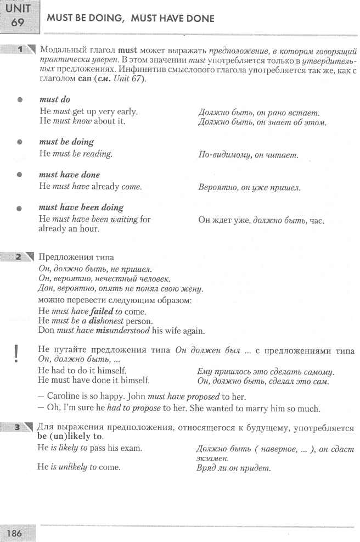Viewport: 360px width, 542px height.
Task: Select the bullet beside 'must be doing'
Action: click(20, 142)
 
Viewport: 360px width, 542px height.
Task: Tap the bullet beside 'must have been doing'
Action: click(20, 208)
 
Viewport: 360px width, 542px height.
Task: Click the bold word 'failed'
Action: click(102, 311)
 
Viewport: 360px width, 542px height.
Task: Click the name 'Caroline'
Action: click(65, 396)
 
